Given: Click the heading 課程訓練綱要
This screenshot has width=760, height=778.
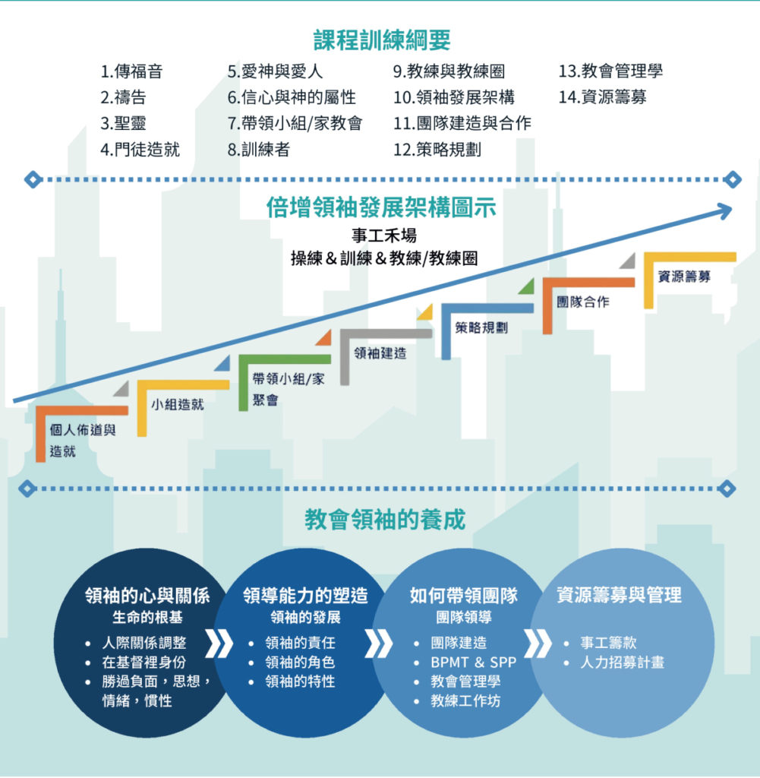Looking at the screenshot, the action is (x=382, y=40).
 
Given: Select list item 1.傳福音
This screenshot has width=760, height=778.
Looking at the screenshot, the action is (x=131, y=71).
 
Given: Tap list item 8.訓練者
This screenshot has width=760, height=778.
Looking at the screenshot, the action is (x=258, y=150).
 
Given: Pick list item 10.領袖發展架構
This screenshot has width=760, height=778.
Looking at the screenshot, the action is (x=453, y=97).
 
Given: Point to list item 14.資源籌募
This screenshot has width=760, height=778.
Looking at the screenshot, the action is (x=602, y=97).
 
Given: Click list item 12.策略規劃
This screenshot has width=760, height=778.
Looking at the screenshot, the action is (x=437, y=150).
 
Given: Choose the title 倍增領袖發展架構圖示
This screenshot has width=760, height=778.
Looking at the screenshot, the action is (x=381, y=207).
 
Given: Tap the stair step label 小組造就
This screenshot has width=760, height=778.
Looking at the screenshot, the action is (x=178, y=404).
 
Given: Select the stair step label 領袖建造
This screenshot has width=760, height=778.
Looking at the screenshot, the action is (x=380, y=353).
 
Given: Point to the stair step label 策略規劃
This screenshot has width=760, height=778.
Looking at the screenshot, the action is (x=481, y=327).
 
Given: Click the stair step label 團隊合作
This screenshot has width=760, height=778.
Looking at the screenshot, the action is (x=583, y=302).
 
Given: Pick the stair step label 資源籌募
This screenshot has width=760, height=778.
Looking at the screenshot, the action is (x=684, y=277).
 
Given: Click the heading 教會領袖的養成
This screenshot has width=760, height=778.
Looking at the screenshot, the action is (x=385, y=520).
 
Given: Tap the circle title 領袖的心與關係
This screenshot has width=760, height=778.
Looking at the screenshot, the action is (x=147, y=596).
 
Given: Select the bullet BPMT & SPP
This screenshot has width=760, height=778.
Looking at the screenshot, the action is (x=474, y=663).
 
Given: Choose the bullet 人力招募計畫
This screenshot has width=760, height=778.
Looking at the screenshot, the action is (x=622, y=663).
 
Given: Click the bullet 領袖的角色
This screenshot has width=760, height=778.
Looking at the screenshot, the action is (x=300, y=663).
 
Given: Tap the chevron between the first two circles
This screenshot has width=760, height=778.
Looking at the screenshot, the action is (x=219, y=644).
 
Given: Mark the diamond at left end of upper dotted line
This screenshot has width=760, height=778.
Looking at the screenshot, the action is (x=33, y=179).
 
